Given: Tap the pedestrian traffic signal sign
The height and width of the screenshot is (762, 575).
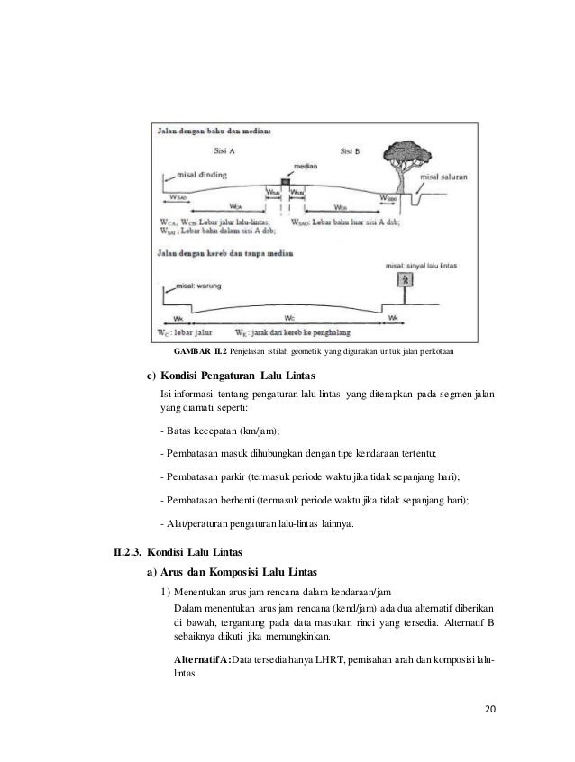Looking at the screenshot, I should pyautogui.click(x=406, y=280).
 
